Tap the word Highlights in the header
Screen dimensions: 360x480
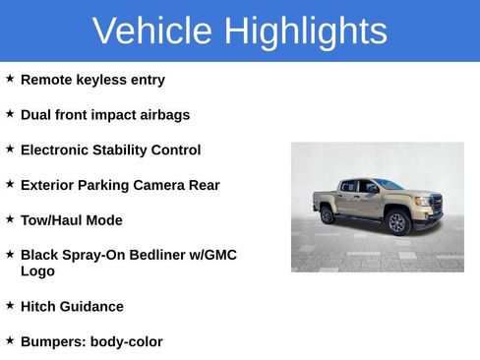pos(305,30)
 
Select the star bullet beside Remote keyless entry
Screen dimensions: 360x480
pos(10,78)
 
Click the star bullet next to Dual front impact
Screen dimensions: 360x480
pos(10,113)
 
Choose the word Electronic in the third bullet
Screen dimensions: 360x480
pos(55,150)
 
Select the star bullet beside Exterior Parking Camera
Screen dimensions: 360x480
pos(10,183)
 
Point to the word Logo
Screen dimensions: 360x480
pos(37,271)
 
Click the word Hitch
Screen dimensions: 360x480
pos(38,307)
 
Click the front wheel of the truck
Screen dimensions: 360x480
pos(397,222)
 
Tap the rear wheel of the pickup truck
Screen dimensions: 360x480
pos(328,214)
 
